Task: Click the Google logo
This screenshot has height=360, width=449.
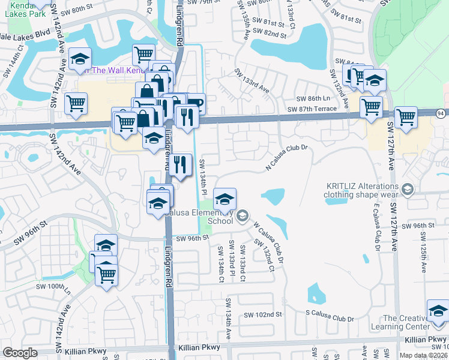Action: pyautogui.click(x=20, y=353)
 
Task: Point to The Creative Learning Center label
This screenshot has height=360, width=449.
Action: pyautogui.click(x=405, y=322)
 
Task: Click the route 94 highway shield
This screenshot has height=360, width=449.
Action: pyautogui.click(x=441, y=112)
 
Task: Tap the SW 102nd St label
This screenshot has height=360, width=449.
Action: pyautogui.click(x=262, y=314)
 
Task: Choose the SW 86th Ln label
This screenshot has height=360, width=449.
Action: pyautogui.click(x=313, y=98)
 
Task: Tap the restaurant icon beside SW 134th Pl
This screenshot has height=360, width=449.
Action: pyautogui.click(x=180, y=164)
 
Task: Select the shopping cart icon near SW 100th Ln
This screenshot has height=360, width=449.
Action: pyautogui.click(x=106, y=275)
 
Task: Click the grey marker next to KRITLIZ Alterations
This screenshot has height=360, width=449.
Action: pyautogui.click(x=408, y=190)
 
